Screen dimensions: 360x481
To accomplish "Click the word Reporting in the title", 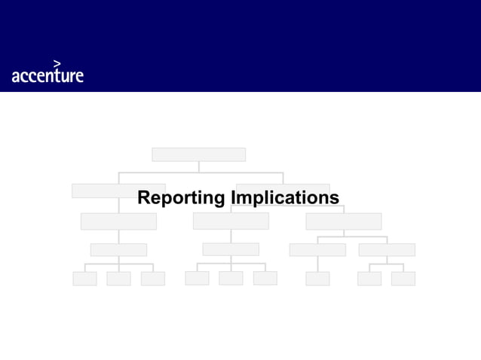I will [181, 198].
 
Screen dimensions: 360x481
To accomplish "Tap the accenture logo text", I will [47, 75].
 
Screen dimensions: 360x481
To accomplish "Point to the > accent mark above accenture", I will [57, 63].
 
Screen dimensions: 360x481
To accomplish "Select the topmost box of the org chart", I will [198, 154].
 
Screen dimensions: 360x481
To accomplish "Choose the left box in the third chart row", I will [118, 221].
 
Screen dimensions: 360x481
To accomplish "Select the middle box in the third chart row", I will [231, 221].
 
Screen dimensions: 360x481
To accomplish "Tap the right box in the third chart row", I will [343, 221].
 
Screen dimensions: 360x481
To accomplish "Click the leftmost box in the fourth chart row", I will [118, 249].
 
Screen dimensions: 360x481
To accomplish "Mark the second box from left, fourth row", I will [231, 249].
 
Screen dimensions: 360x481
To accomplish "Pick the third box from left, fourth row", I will [317, 249].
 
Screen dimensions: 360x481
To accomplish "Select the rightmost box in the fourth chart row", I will [387, 249].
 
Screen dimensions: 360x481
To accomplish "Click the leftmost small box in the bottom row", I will [84, 279].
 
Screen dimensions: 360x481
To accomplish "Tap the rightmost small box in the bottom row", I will [403, 279].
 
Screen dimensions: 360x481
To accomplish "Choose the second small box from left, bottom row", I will [118, 279].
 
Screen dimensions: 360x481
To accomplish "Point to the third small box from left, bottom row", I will [152, 279].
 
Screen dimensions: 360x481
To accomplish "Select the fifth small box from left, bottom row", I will [231, 279].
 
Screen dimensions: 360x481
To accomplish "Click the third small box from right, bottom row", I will [317, 279].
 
